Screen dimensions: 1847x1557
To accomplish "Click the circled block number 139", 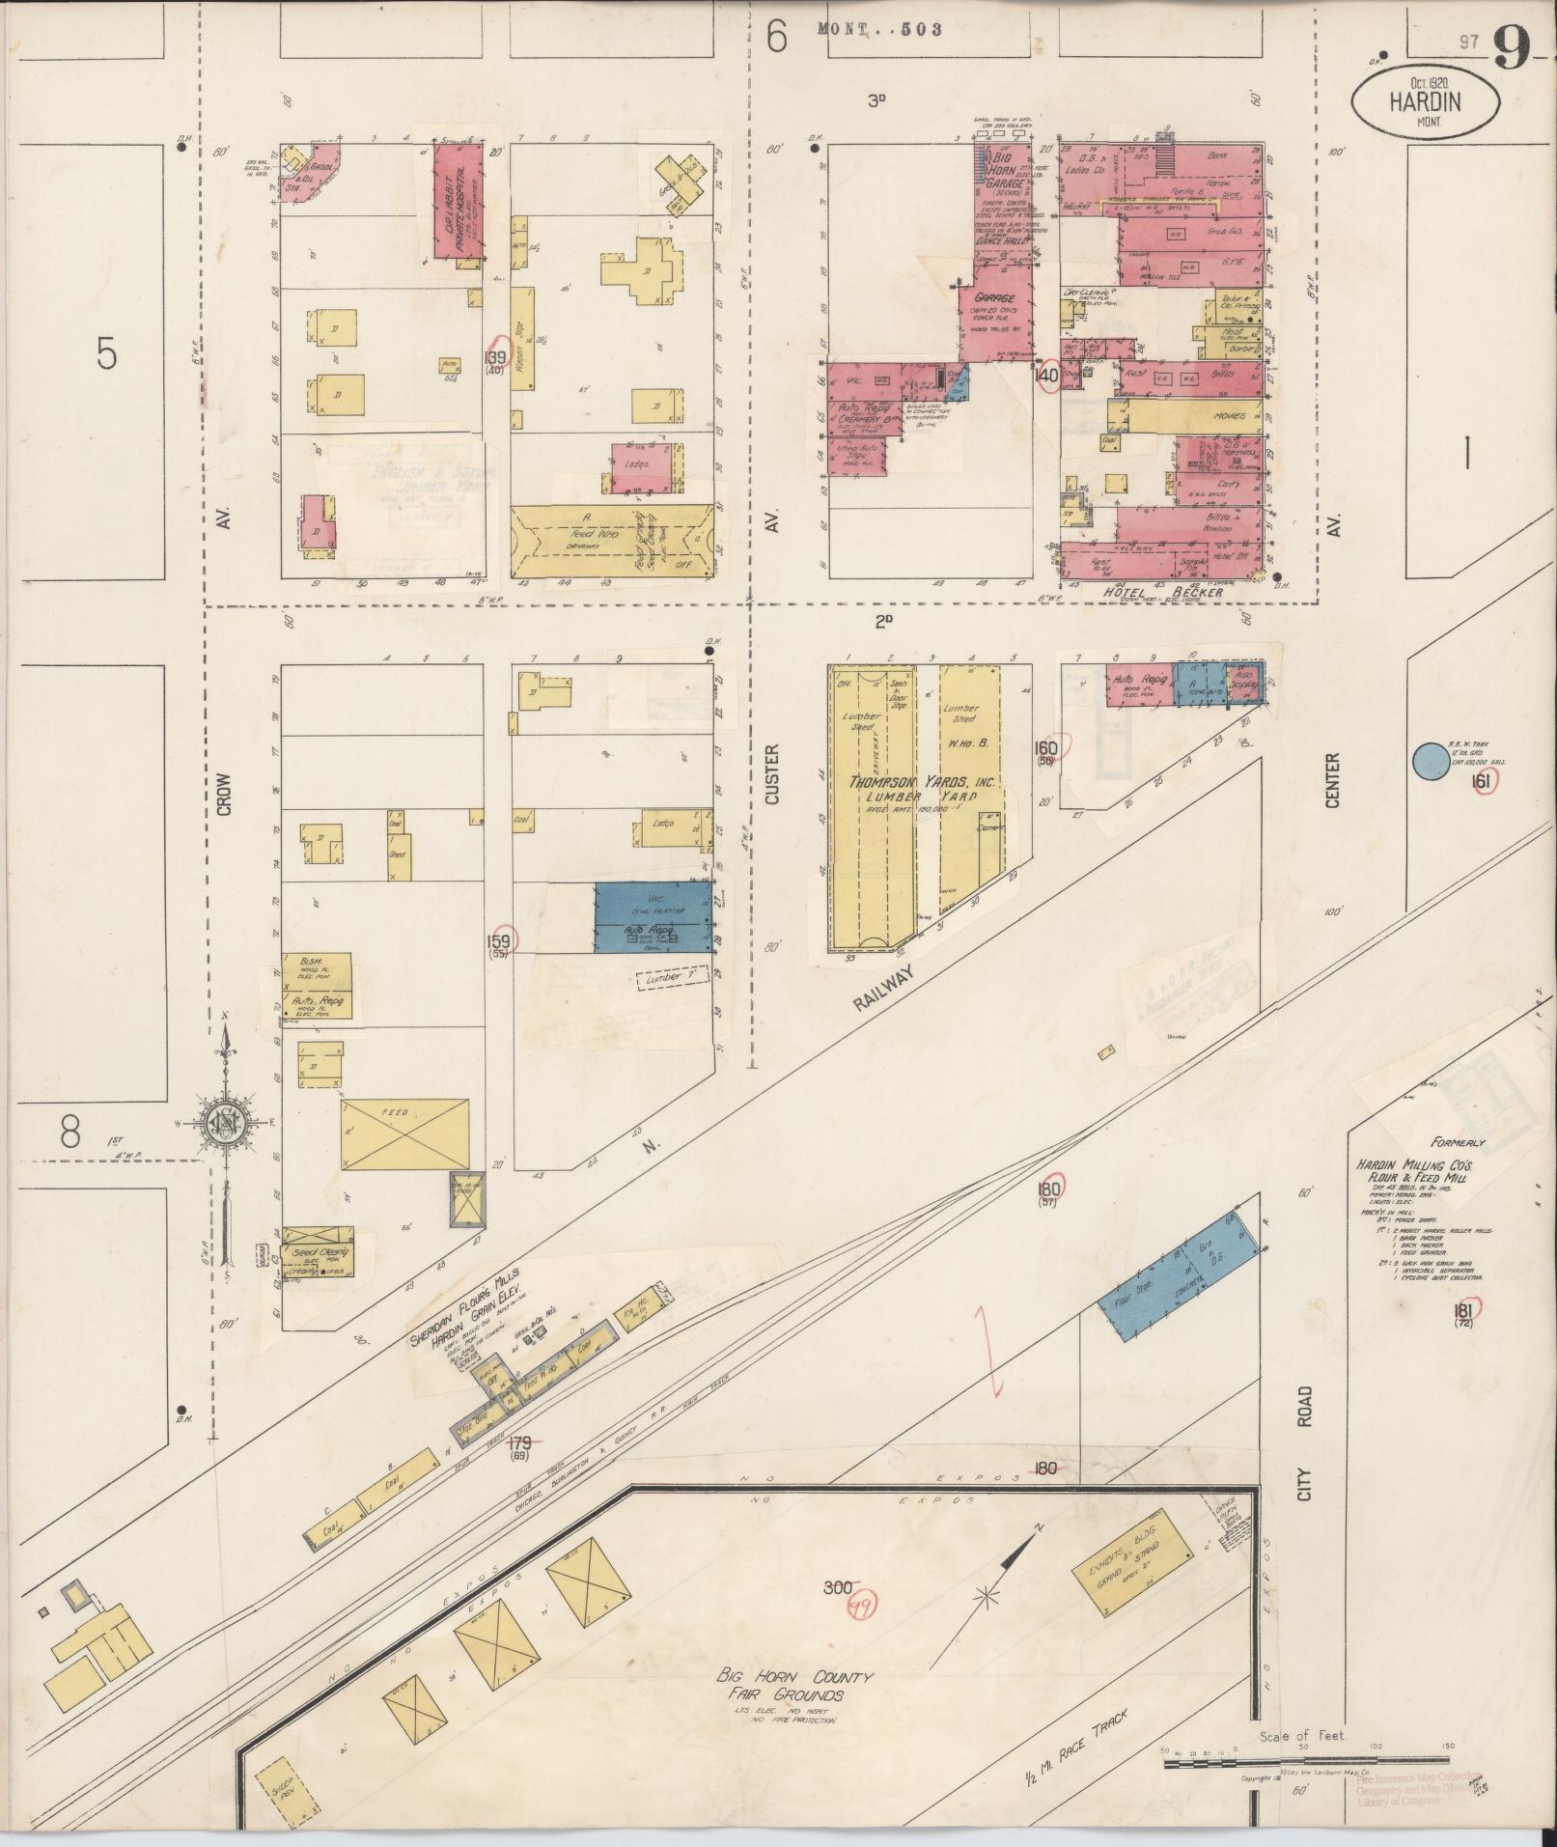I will [x=499, y=350].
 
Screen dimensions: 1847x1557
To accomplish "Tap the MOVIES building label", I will [x=1223, y=416].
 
